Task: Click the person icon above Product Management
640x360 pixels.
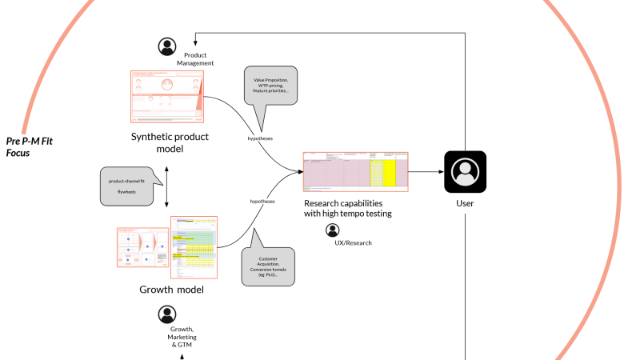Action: pos(167,47)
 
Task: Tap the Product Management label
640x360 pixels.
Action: pos(195,58)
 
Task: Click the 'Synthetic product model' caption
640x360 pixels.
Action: pos(170,142)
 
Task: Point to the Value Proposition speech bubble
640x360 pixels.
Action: pos(271,86)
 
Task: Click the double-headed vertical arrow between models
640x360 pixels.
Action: pos(166,187)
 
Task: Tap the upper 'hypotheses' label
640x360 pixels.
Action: pos(260,138)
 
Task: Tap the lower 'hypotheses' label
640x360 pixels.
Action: pos(262,202)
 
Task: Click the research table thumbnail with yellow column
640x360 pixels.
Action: pos(355,171)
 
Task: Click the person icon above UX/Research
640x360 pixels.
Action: pos(332,230)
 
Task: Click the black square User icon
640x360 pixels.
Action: pos(465,171)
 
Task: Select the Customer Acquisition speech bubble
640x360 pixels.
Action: pos(268,265)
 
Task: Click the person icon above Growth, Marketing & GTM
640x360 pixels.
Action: pos(167,314)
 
